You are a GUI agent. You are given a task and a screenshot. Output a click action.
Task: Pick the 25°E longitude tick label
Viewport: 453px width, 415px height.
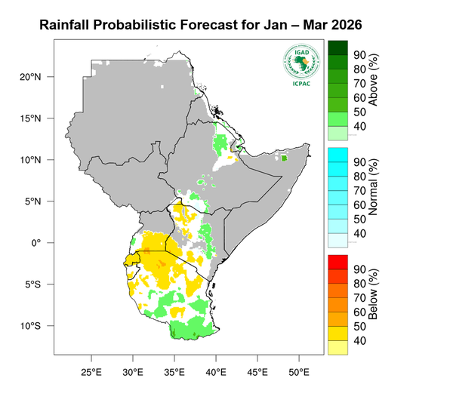click(91, 372)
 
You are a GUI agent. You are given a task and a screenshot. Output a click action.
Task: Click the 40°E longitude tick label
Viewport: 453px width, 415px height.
click(216, 372)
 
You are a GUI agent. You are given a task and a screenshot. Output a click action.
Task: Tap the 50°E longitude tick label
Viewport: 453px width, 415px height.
click(299, 372)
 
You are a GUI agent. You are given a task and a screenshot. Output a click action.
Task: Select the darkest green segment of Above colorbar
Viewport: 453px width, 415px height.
click(337, 47)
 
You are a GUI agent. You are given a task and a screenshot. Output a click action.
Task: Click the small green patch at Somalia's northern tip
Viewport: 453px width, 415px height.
click(284, 158)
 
